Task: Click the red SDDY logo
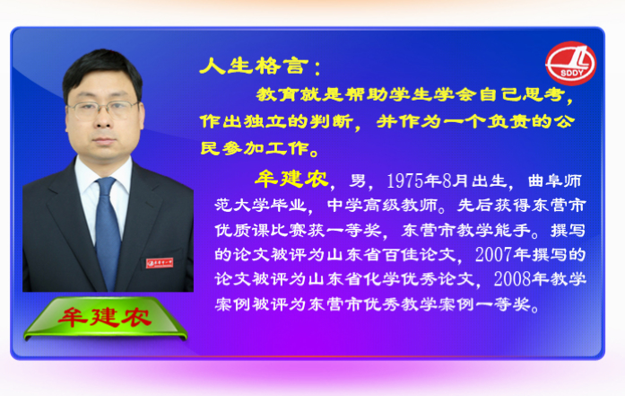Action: pos(570,64)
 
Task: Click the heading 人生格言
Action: pos(255,66)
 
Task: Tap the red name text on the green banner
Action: pos(105,317)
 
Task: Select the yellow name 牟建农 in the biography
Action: pos(291,179)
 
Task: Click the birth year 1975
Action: pos(404,180)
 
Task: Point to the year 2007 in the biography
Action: pos(493,254)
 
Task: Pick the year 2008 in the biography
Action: pos(512,279)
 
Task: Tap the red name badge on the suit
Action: pos(160,263)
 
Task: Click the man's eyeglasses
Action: pos(103,110)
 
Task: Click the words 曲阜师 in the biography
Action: pos(555,180)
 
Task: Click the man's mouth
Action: pos(104,140)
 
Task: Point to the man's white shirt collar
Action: pos(103,172)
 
